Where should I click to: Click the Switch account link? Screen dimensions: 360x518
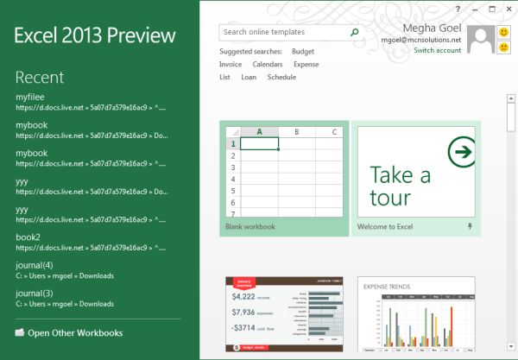[x=437, y=51]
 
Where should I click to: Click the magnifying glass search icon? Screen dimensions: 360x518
[x=354, y=32]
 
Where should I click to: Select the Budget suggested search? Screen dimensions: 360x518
[x=303, y=52]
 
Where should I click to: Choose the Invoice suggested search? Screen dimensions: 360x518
[x=231, y=65]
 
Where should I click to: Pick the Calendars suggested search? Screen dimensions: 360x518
[x=268, y=65]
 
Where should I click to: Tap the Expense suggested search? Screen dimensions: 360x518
[x=306, y=65]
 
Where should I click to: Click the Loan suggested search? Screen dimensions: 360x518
[x=249, y=78]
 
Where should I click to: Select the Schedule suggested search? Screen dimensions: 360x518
[x=281, y=78]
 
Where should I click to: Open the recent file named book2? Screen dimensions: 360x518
[x=28, y=237]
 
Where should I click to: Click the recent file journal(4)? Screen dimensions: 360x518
[x=35, y=265]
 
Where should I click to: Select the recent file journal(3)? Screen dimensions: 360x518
[x=35, y=293]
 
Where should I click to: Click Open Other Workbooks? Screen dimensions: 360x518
[x=75, y=332]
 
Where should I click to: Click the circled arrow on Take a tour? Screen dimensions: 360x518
[x=463, y=153]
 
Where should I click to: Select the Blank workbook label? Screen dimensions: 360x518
[x=250, y=227]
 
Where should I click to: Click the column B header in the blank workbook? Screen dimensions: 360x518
[x=296, y=132]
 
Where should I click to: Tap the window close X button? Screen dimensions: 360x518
[x=507, y=9]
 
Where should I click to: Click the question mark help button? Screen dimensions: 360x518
[x=458, y=9]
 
